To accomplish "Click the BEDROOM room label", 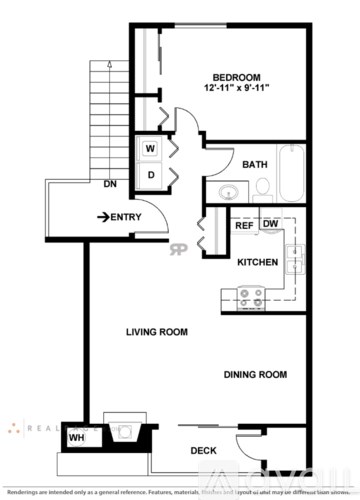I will click(x=236, y=77).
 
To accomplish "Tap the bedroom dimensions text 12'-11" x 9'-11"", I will click(x=236, y=90).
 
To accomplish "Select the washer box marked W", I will click(x=150, y=149).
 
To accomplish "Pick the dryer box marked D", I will click(x=150, y=174).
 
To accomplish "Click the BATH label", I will click(x=254, y=164).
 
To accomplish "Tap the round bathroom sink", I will click(x=229, y=191).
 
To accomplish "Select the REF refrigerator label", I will click(x=243, y=225).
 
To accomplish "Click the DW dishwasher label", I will click(x=270, y=225).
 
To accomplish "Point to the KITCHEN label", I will click(x=256, y=262).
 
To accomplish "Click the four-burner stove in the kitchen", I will click(x=250, y=296).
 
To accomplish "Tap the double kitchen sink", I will click(x=296, y=260).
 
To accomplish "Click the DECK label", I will click(x=204, y=451).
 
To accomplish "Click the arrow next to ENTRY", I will click(x=102, y=217).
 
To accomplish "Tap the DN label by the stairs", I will click(x=108, y=184).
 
